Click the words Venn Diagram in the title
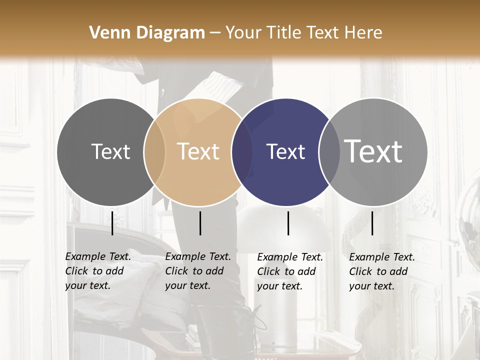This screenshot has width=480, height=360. pyautogui.click(x=147, y=32)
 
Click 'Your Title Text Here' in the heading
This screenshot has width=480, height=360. pyautogui.click(x=303, y=32)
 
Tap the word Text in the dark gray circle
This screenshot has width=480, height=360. pyautogui.click(x=110, y=151)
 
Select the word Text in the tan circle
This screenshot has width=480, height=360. pyautogui.click(x=198, y=151)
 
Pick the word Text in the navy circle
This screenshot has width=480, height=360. pyautogui.click(x=285, y=151)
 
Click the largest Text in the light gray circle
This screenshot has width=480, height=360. pyautogui.click(x=373, y=151)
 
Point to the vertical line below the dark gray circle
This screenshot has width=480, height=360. pyautogui.click(x=112, y=223)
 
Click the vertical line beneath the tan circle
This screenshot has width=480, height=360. pyautogui.click(x=200, y=223)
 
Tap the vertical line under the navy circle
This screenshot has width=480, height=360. pyautogui.click(x=288, y=223)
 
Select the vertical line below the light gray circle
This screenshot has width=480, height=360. pyautogui.click(x=372, y=223)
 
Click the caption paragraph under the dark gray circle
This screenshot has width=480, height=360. pyautogui.click(x=97, y=271)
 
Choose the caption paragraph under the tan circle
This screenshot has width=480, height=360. pyautogui.click(x=197, y=271)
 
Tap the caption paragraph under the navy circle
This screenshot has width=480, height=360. pyautogui.click(x=289, y=271)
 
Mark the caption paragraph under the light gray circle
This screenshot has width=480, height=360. pyautogui.click(x=381, y=271)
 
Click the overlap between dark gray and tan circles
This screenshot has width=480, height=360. pyautogui.click(x=155, y=152)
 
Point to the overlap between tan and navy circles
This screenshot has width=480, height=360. pyautogui.click(x=242, y=152)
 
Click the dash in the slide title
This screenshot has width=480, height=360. pyautogui.click(x=215, y=33)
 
